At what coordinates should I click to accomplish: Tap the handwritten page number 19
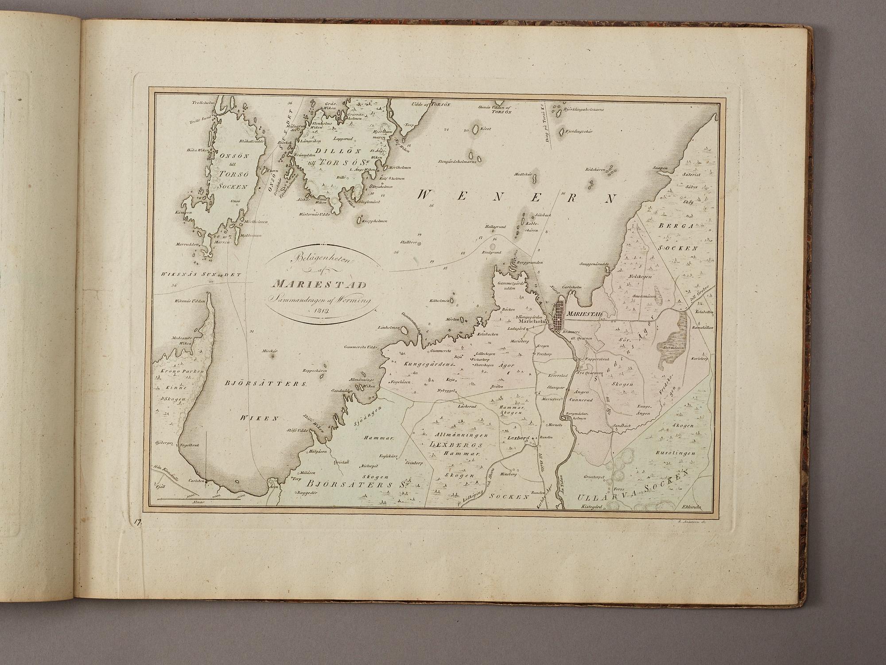pos(138,523)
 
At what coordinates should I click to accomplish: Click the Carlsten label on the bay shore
pos(196,481)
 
